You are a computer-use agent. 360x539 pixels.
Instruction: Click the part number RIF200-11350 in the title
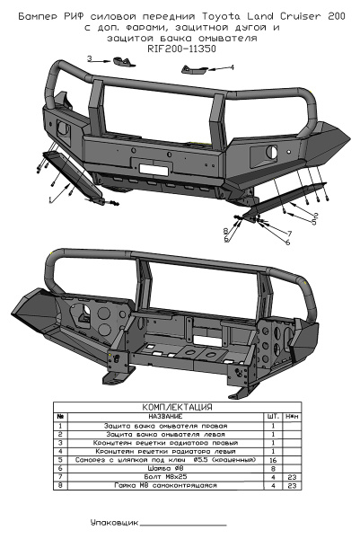[x=180, y=49]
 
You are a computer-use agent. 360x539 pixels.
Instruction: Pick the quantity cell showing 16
[x=272, y=459]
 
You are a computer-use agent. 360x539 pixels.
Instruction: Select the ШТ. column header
[x=272, y=416]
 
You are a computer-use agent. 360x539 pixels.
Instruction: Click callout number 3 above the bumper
[x=89, y=58]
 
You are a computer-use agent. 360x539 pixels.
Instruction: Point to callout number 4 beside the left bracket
[x=232, y=67]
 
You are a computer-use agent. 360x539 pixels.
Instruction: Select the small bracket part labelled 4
[x=195, y=70]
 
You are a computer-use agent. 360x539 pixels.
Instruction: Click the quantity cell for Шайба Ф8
[x=272, y=468]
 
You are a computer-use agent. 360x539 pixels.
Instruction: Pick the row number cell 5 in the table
[x=59, y=459]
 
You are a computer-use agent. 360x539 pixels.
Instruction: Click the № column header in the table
[x=59, y=416]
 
